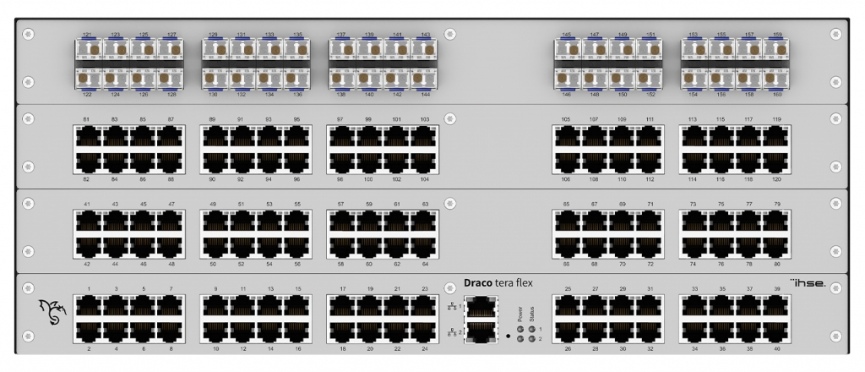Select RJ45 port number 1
point(89,305)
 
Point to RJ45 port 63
point(425,221)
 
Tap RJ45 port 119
point(777,136)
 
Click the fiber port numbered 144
point(425,78)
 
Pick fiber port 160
point(777,78)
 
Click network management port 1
point(480,306)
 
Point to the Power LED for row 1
point(521,328)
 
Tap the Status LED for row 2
point(532,338)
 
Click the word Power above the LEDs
point(520,315)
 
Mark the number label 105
point(566,119)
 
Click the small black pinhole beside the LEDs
point(508,336)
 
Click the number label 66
point(567,264)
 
